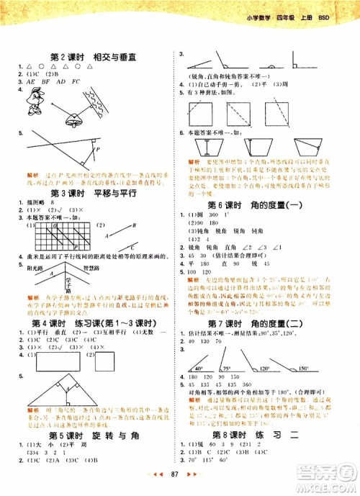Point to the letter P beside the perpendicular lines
click(x=99, y=149)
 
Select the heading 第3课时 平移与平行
click(x=99, y=194)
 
